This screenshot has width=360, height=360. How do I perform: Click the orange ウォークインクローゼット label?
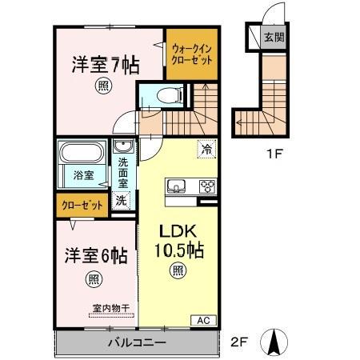tap(191, 53)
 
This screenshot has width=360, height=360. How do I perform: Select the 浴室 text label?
tap(84, 174)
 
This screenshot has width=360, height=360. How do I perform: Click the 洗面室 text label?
tap(123, 172)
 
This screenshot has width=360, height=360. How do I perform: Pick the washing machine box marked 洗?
tap(121, 201)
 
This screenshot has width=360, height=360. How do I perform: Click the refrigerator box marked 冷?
tap(206, 149)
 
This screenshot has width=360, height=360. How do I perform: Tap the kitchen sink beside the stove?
tap(176, 186)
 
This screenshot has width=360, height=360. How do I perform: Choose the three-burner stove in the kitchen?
tap(206, 187)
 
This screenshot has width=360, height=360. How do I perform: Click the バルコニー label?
tap(138, 343)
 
